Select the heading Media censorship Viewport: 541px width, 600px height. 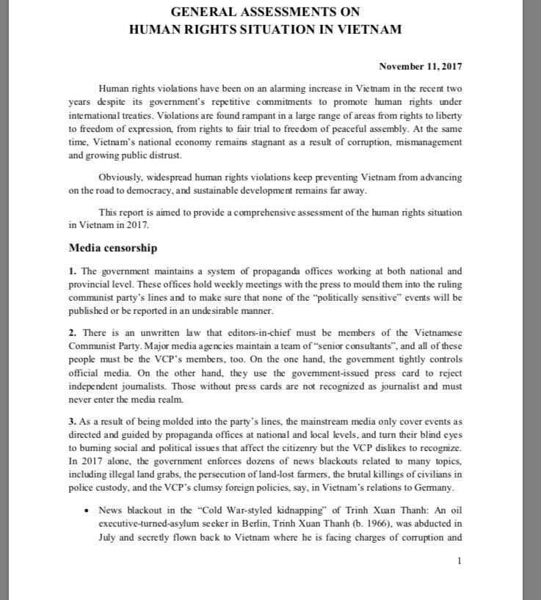coord(112,248)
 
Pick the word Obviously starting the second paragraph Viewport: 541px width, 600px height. coord(122,178)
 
